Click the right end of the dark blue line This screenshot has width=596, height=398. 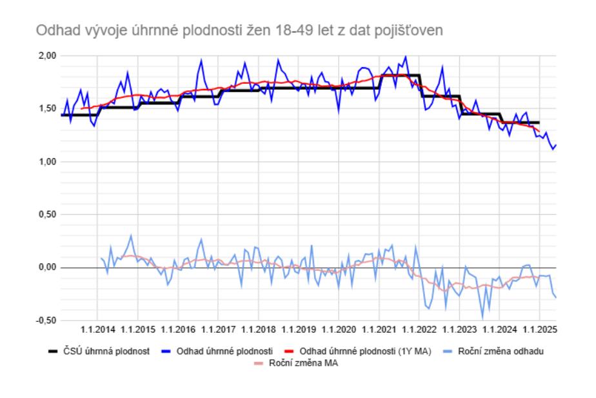(x=556, y=145)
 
